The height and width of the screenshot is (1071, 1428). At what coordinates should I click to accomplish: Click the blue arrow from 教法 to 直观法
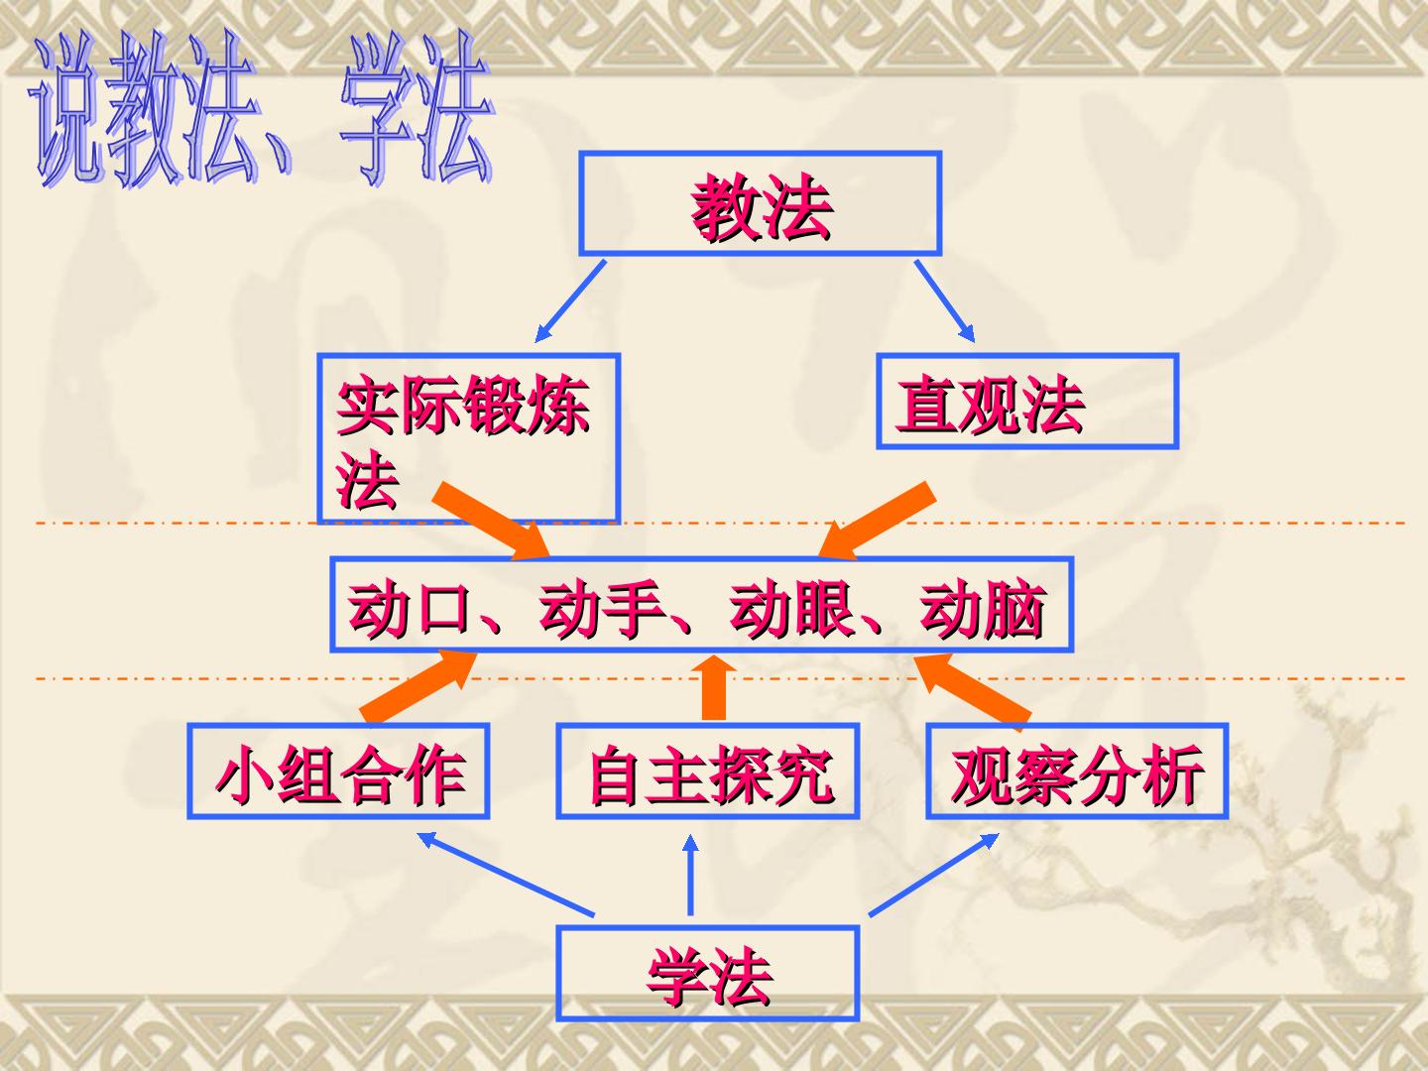(945, 301)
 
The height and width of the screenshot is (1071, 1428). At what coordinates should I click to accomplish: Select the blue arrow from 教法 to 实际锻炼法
(570, 301)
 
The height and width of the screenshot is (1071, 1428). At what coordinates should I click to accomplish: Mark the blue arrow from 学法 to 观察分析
(934, 875)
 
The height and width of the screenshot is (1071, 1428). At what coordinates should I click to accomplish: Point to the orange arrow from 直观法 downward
(876, 522)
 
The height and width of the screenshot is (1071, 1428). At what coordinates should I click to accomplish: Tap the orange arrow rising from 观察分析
(972, 688)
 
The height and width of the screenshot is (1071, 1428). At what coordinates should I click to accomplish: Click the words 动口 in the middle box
(408, 608)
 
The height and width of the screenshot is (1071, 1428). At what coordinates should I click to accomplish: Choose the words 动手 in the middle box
(600, 608)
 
